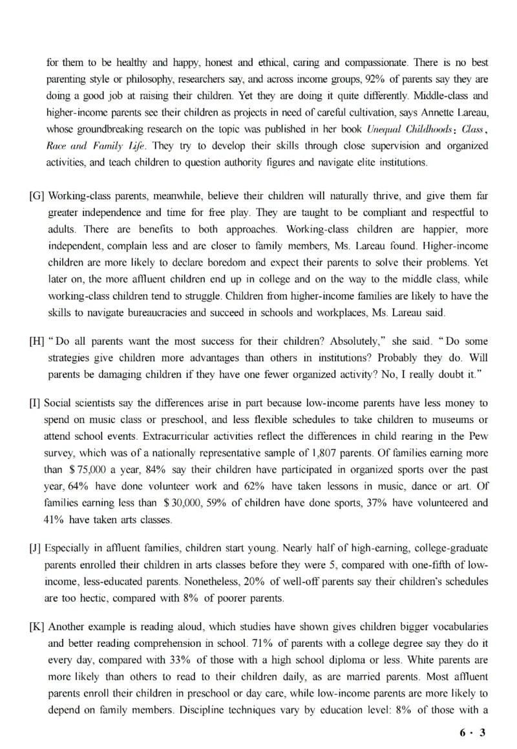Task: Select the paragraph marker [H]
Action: coord(37,340)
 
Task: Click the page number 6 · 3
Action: coord(472,733)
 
